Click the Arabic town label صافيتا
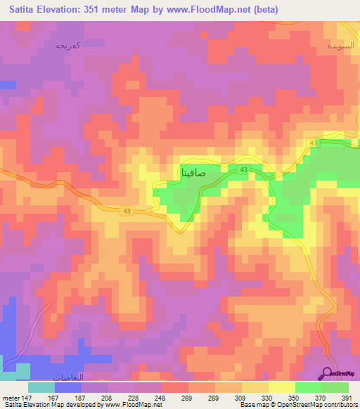point(193,171)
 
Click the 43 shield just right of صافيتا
point(243,170)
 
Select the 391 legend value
point(347,397)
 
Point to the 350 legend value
point(295,397)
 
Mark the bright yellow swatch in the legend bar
point(282,387)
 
